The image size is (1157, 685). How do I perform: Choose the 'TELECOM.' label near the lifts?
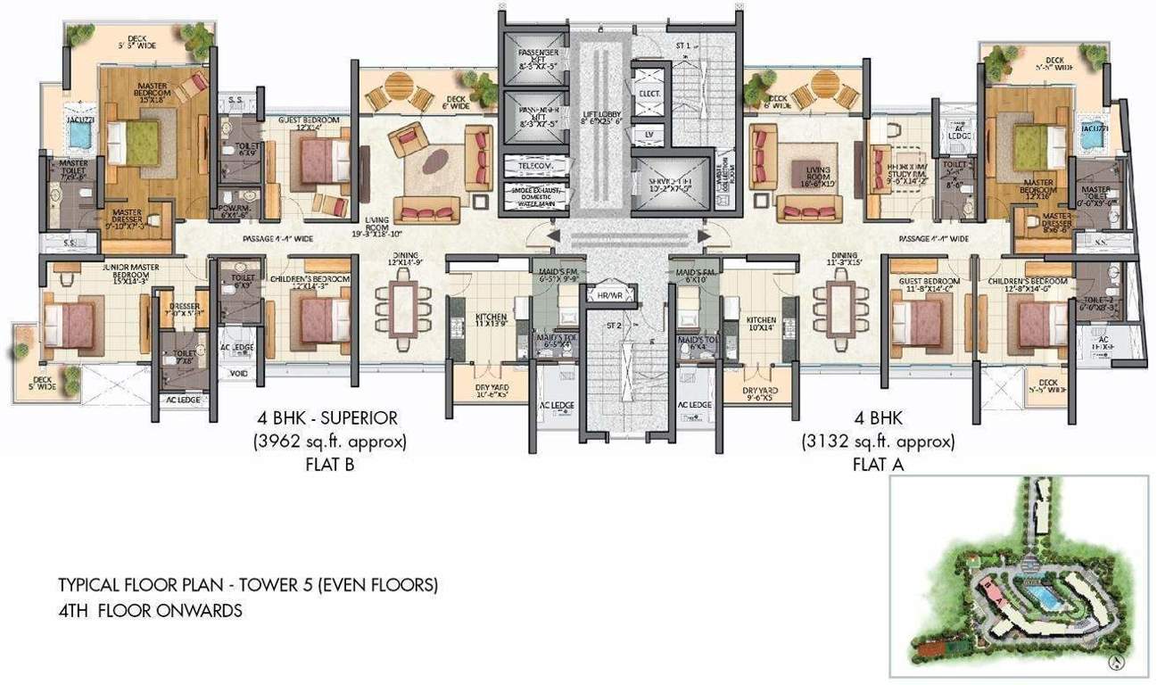click(530, 166)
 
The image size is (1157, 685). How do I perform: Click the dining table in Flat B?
click(404, 307)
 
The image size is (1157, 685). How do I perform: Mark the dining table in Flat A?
click(839, 307)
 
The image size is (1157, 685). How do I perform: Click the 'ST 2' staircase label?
click(613, 326)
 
